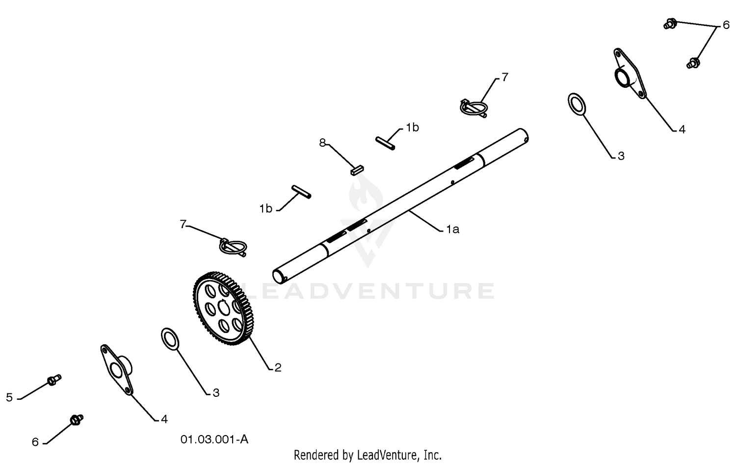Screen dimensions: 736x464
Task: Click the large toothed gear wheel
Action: (223, 309)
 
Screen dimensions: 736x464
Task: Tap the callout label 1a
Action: (452, 229)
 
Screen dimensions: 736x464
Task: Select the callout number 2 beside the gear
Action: (278, 367)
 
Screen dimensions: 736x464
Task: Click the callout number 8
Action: (322, 143)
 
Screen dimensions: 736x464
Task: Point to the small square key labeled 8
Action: (357, 170)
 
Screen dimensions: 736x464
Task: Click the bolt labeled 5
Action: (54, 380)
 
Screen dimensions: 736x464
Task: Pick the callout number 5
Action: (9, 397)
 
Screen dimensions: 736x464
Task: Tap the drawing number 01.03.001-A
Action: (214, 439)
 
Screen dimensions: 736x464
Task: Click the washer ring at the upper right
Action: (577, 104)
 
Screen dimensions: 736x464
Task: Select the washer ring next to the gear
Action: (170, 339)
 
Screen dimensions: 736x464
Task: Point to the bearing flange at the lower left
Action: (117, 370)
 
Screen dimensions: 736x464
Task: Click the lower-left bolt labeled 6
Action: (77, 420)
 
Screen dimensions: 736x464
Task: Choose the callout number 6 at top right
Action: (726, 25)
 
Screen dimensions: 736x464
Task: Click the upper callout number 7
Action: (505, 77)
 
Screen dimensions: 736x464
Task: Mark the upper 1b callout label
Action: (412, 128)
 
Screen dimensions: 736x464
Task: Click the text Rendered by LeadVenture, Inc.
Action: (368, 455)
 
